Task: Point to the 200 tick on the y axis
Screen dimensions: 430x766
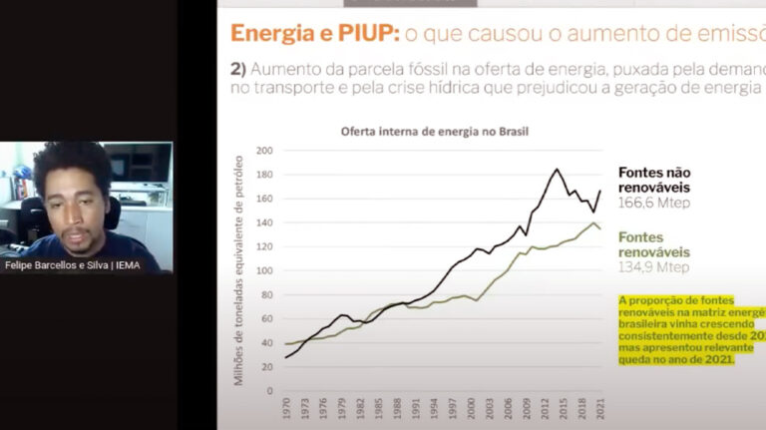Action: pos(264,151)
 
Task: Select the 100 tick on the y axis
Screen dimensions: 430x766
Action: pos(264,270)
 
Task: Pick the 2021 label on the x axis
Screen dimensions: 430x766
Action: pos(598,410)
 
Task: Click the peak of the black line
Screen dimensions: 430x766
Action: pos(557,169)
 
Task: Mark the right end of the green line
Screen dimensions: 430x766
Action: pos(599,229)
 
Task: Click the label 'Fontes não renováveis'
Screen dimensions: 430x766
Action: pos(653,180)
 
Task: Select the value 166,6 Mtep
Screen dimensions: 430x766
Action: pos(654,203)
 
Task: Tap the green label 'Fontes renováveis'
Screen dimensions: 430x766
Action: pos(653,244)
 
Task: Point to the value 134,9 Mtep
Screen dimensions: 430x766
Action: pos(654,267)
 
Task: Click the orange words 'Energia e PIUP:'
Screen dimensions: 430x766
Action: pos(315,33)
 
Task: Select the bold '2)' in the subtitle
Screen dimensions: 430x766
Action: pos(238,70)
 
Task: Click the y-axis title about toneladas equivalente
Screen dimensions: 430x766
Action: pos(239,270)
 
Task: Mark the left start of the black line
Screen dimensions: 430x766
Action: pos(287,357)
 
